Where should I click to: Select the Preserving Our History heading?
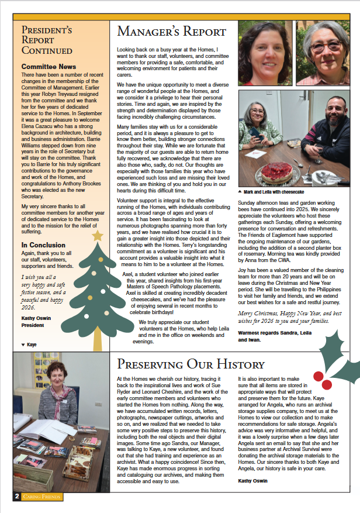coord(191,364)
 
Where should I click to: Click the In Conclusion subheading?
coord(44,245)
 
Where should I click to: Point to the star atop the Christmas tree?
coord(98,235)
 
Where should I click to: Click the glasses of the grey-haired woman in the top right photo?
coord(327,46)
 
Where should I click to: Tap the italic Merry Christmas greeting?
coord(281,316)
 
